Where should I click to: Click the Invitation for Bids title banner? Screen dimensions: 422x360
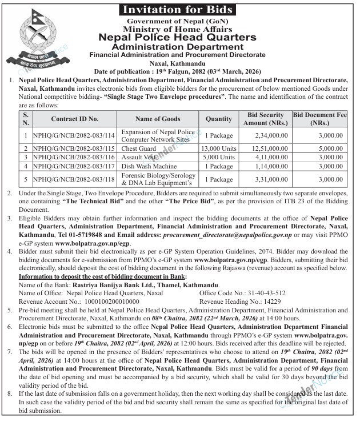[179, 9]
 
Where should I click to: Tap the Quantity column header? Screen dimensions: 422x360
[218, 119]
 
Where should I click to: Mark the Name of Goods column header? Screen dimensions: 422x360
[158, 119]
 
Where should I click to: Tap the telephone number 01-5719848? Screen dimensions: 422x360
[103, 235]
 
